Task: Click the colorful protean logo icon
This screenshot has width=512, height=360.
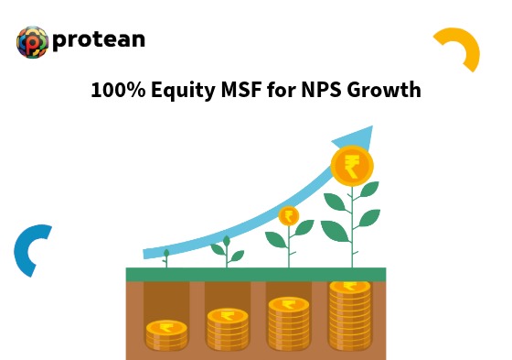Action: click(32, 41)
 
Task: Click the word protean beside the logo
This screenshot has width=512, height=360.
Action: click(99, 40)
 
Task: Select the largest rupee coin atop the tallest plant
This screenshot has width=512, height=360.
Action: click(351, 167)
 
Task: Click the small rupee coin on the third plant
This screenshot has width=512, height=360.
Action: click(289, 216)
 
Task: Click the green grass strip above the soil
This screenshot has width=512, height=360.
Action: click(255, 274)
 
